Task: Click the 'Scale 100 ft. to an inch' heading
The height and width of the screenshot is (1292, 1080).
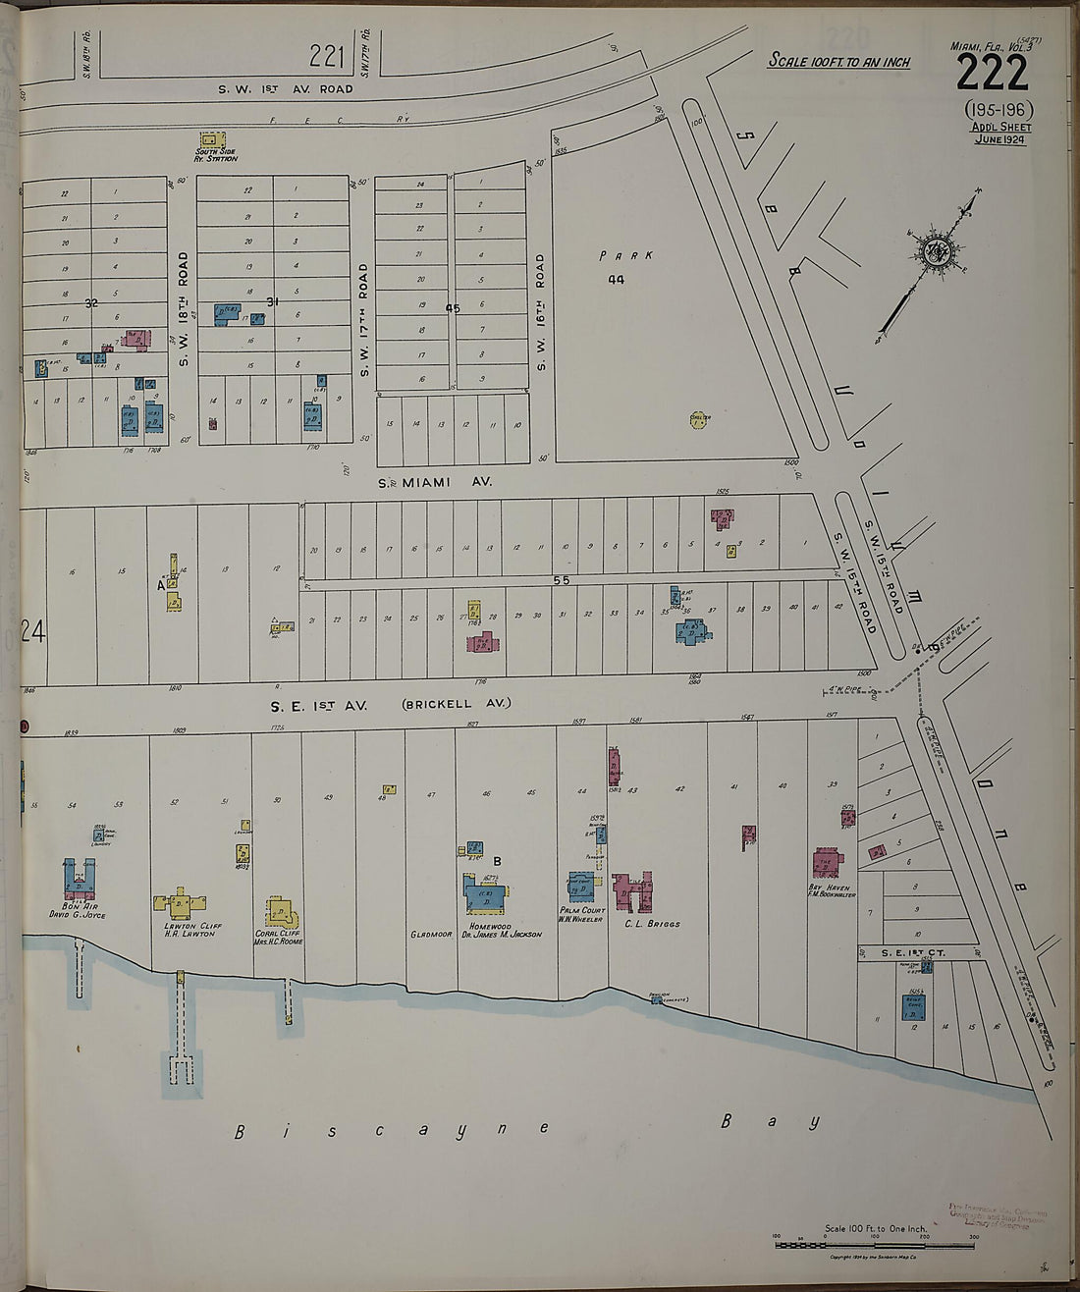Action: (x=838, y=61)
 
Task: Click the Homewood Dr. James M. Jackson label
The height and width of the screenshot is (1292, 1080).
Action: (x=504, y=930)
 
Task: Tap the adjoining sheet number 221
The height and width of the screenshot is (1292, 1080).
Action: (x=326, y=57)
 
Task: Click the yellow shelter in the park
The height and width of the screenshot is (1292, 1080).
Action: (x=699, y=420)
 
